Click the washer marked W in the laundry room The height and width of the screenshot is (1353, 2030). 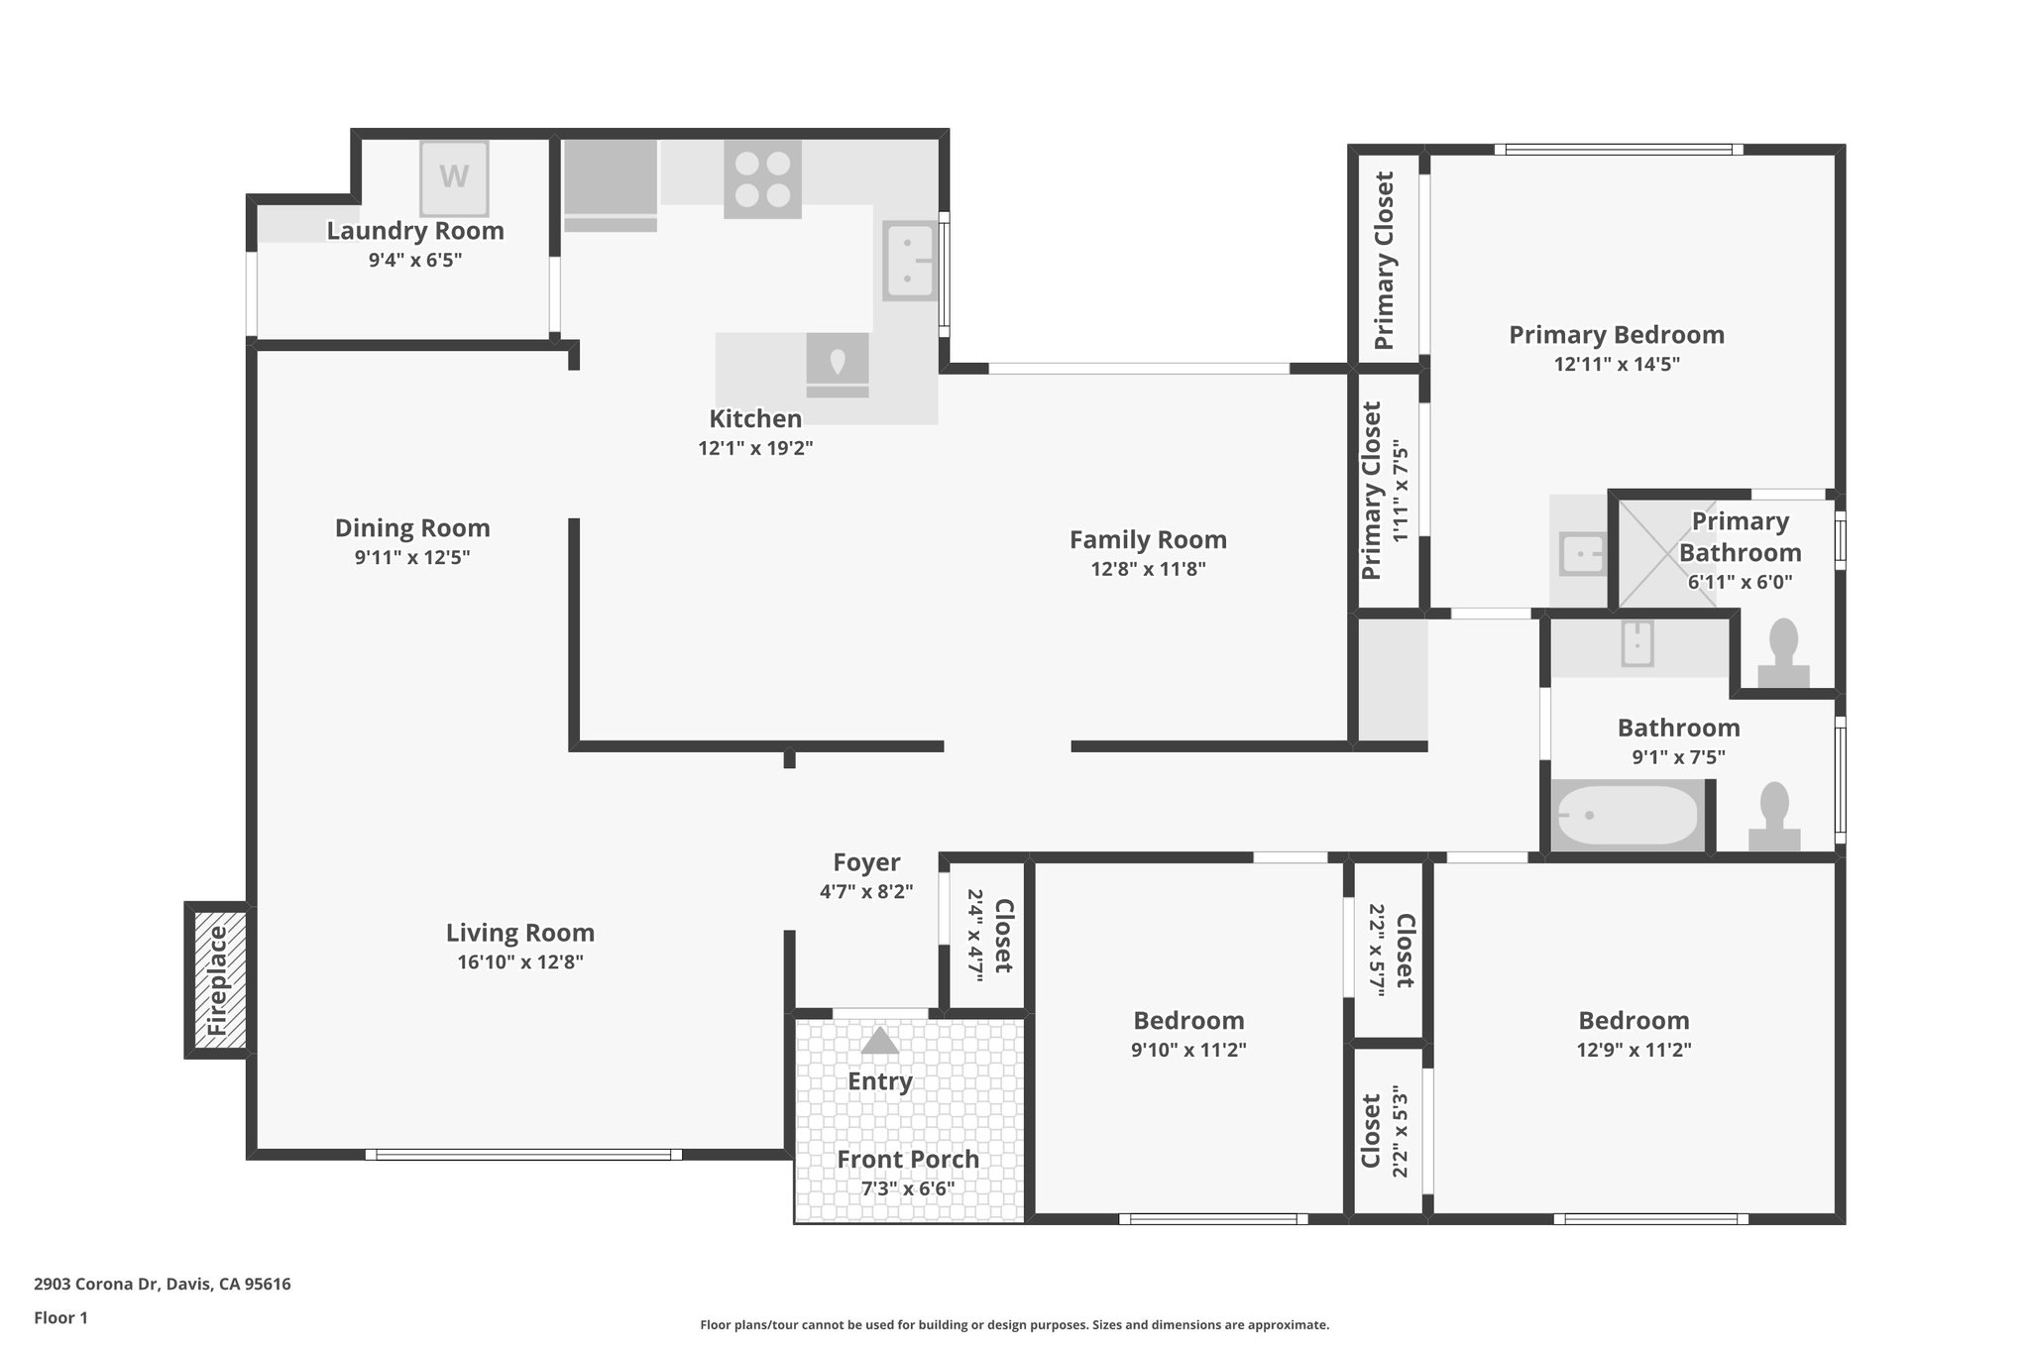click(454, 178)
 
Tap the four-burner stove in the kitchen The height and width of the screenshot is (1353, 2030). click(762, 179)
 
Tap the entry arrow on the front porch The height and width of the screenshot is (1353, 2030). click(879, 1041)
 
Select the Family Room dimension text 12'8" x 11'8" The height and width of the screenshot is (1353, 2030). click(1148, 569)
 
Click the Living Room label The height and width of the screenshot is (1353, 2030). click(520, 933)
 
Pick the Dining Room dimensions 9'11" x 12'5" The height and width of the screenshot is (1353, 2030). click(412, 557)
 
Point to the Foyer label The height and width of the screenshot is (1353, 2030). click(866, 862)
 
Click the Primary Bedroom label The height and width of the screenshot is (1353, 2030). click(1617, 335)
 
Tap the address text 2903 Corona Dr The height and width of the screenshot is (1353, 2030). click(96, 1285)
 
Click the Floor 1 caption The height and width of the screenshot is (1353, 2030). click(60, 1318)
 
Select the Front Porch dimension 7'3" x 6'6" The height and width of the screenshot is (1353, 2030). click(908, 1188)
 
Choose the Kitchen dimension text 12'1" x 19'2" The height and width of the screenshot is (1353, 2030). click(755, 448)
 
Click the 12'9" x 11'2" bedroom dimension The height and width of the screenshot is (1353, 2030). click(1634, 1050)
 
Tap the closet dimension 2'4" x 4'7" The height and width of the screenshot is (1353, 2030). click(974, 935)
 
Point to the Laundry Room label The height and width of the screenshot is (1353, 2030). click(415, 231)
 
